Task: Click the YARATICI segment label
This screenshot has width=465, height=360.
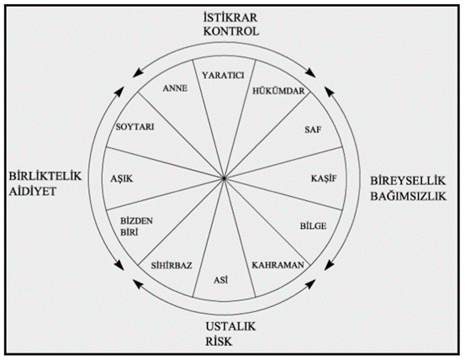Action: [224, 76]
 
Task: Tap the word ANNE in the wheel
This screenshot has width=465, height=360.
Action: [175, 88]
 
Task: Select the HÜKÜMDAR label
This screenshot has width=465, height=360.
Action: [278, 91]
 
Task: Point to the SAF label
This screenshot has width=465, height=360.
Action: [313, 130]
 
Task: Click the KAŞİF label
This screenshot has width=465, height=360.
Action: [324, 178]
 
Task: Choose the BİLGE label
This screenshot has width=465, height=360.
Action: [313, 226]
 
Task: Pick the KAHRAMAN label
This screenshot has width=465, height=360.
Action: [277, 265]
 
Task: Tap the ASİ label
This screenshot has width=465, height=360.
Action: [221, 279]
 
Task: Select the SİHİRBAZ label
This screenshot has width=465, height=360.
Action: [172, 265]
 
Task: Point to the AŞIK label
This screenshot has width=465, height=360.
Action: [122, 178]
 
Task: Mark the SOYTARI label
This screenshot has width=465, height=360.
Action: [135, 127]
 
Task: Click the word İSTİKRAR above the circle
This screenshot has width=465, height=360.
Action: [230, 18]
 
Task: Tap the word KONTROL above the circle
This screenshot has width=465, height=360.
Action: [231, 31]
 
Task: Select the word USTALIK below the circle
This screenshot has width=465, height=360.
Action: [230, 326]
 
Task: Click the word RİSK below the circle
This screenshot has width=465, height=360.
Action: [219, 341]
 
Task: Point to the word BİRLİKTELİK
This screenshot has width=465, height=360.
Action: [45, 176]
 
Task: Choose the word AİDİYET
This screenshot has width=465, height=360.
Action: [33, 191]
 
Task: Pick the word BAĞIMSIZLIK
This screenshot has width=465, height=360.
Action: [409, 196]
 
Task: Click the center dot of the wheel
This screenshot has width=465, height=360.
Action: [224, 178]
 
